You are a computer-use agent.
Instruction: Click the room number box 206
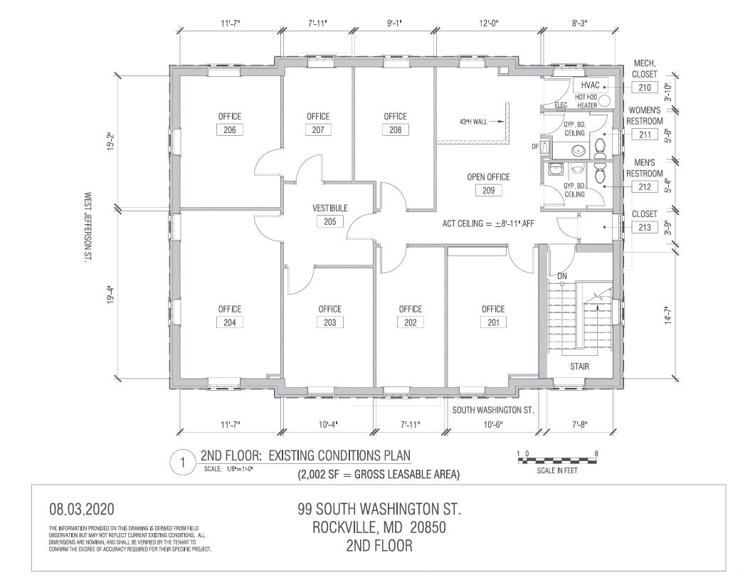(x=230, y=130)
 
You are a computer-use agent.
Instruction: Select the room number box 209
(x=488, y=190)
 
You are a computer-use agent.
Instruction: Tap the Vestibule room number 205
(x=330, y=221)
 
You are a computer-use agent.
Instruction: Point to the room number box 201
(x=493, y=322)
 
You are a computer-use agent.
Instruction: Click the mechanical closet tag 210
(x=644, y=88)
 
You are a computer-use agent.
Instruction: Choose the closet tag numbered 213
(x=644, y=228)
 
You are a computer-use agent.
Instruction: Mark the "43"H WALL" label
(x=476, y=122)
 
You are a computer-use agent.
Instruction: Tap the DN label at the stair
(x=561, y=275)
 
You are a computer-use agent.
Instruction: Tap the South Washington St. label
(x=493, y=410)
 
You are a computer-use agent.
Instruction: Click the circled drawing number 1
(x=183, y=463)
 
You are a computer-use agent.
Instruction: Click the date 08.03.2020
(x=81, y=510)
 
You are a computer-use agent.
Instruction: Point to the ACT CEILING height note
(x=488, y=223)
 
